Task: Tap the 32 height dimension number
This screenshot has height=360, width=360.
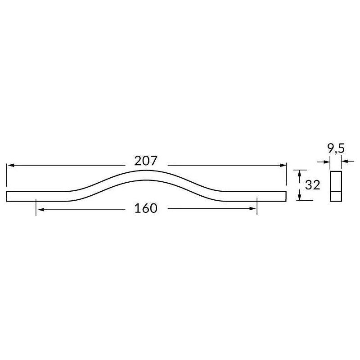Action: pos(312,185)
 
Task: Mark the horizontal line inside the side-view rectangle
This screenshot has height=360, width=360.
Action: pos(336,191)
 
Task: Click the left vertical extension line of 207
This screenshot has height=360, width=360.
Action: pos(7,175)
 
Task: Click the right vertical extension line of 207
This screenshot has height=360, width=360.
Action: pos(286,175)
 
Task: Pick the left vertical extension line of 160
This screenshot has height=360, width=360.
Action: pos(36,207)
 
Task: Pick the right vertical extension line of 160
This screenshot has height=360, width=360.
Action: pos(257,207)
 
